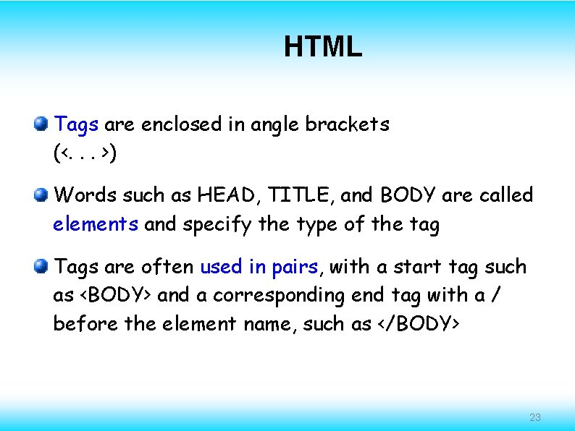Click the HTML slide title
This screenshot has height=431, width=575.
tap(322, 47)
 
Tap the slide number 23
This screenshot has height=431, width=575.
tap(535, 417)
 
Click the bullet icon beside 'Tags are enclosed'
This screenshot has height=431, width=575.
tap(41, 124)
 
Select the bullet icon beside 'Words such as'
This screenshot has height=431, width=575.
tap(41, 195)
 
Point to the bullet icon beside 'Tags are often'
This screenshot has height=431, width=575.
tap(41, 266)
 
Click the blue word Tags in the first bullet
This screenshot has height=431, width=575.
tap(76, 124)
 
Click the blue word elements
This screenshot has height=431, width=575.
tap(96, 224)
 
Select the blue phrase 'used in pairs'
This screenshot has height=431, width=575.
tap(259, 267)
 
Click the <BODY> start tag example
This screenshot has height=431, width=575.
tap(114, 296)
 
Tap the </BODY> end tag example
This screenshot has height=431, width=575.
tap(417, 325)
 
